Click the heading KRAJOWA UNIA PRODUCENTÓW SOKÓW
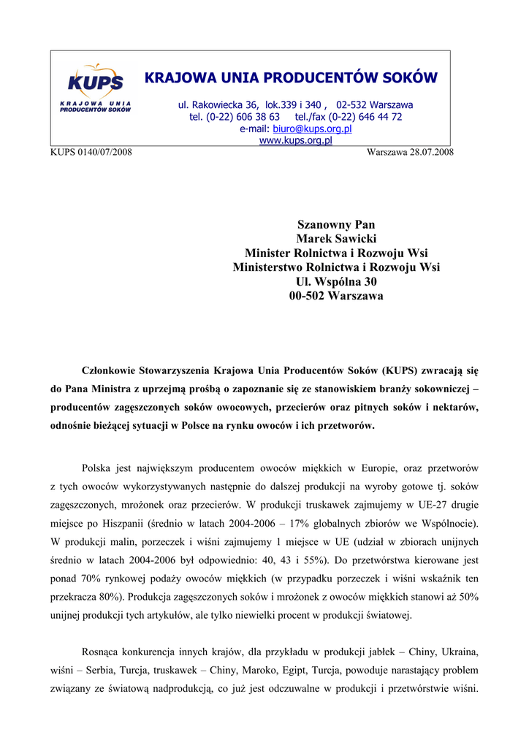point(291,77)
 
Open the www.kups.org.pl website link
point(296,140)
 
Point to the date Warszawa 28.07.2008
point(411,152)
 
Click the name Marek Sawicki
point(336,238)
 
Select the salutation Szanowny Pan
point(336,224)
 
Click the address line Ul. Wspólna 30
point(336,282)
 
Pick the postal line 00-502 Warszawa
point(336,297)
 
